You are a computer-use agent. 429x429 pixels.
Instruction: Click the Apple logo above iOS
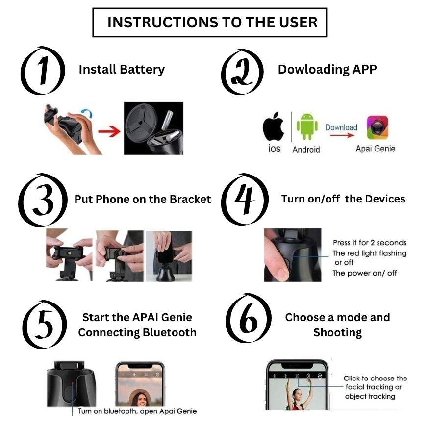click(273, 126)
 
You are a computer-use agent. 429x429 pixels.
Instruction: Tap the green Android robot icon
click(307, 126)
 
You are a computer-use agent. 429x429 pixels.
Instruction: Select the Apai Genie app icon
click(378, 127)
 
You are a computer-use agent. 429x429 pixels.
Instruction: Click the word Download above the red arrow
click(341, 127)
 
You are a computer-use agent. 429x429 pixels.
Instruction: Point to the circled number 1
click(43, 71)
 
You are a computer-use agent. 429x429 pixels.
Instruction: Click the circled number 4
click(244, 199)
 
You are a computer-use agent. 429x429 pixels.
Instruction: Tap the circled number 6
click(249, 318)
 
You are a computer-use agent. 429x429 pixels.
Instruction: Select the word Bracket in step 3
click(190, 199)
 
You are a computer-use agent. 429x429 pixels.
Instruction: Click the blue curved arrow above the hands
click(87, 113)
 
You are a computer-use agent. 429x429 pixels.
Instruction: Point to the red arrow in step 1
click(109, 131)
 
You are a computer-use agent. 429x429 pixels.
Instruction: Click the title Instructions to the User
click(212, 22)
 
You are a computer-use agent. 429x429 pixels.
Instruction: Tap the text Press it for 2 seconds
click(370, 243)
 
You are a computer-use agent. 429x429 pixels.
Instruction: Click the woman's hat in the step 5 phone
click(140, 394)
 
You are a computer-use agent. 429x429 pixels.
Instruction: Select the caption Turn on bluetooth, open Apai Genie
click(137, 411)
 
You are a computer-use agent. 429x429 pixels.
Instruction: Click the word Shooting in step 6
click(337, 333)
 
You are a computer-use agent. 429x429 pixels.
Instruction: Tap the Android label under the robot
click(306, 150)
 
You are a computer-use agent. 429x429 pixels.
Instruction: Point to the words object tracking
click(370, 396)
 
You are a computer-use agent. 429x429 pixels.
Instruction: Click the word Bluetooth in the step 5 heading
click(170, 333)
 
